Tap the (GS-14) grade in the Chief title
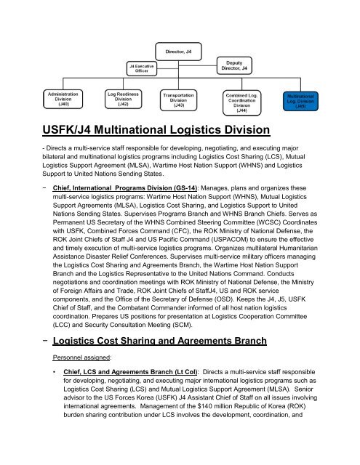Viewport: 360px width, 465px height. click(188, 185)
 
